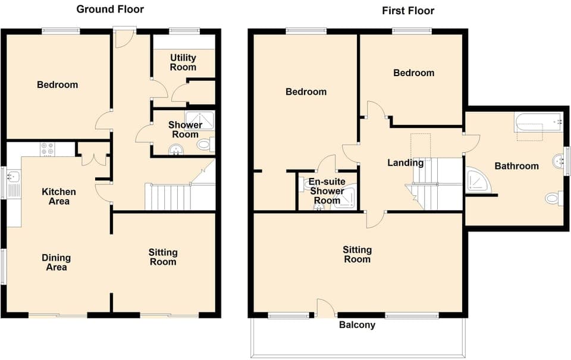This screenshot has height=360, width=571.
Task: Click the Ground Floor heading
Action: [x=110, y=9]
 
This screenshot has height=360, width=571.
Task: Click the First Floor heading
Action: [x=407, y=11]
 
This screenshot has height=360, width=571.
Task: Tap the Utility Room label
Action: [x=183, y=62]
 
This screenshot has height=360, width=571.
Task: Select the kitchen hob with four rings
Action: [x=47, y=149]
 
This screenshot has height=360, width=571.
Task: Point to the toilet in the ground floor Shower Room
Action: [x=205, y=143]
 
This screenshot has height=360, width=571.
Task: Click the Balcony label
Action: [x=357, y=325]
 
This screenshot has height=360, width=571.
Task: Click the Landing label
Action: [x=405, y=162]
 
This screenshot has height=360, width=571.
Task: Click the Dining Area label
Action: [x=56, y=262]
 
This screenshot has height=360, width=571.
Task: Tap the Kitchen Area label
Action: [x=59, y=196]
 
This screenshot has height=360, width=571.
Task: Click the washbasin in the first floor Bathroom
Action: [x=558, y=160]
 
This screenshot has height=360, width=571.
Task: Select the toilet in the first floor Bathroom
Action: [x=553, y=198]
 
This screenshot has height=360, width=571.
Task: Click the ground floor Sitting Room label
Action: [x=163, y=257]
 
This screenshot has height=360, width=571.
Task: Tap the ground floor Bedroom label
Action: [x=57, y=84]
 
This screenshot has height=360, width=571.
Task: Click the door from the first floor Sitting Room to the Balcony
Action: [x=325, y=309]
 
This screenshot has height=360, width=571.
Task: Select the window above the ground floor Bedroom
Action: [x=60, y=31]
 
